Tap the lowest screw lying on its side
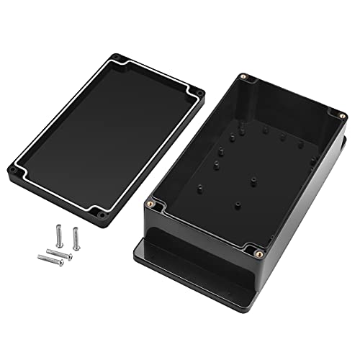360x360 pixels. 50,259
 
